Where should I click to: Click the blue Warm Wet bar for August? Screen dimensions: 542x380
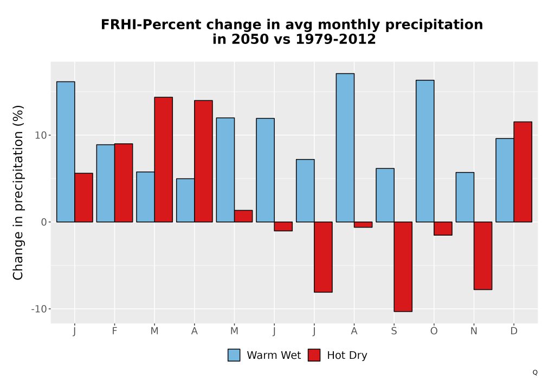click(345, 148)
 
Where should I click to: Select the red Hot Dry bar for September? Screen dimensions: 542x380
click(403, 267)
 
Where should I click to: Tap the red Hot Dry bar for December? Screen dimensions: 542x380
click(523, 172)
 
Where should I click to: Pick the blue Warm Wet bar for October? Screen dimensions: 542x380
click(425, 151)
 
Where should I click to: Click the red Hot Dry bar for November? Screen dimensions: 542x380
click(483, 256)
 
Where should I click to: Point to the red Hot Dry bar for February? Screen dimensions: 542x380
click(124, 183)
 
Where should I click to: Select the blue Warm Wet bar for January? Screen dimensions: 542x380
click(66, 152)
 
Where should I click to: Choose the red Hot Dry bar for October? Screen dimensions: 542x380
click(443, 229)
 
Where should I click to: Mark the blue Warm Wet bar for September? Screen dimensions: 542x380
click(385, 195)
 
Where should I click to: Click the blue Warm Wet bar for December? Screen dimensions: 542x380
click(505, 180)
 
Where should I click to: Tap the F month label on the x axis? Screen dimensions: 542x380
click(114, 331)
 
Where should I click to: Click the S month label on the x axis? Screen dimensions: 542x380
click(394, 331)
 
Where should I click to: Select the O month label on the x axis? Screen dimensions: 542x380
click(434, 331)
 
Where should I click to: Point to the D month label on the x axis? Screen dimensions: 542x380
click(514, 331)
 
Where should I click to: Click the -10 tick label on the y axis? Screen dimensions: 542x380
click(38, 309)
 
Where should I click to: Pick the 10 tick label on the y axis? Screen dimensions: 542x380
click(41, 135)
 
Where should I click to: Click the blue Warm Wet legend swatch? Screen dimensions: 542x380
click(234, 355)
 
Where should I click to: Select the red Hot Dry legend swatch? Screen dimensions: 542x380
click(314, 355)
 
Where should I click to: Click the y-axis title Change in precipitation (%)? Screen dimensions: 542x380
click(18, 192)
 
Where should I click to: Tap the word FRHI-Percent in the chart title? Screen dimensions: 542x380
click(151, 24)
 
